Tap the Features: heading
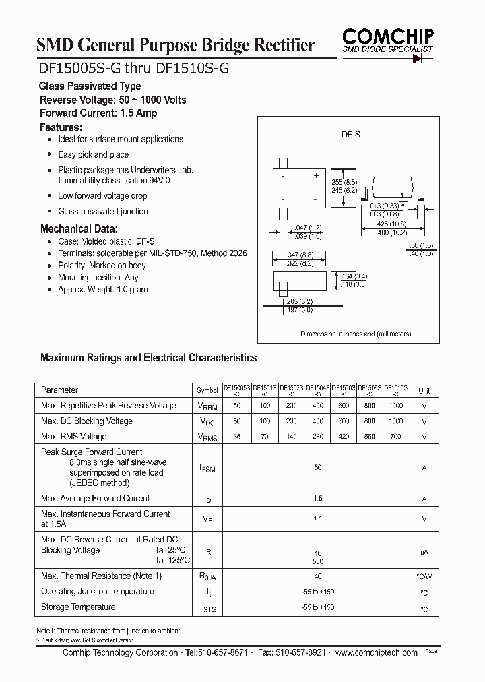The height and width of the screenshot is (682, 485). click(61, 127)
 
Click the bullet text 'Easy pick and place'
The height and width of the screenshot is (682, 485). click(93, 154)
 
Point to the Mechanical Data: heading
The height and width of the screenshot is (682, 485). click(79, 228)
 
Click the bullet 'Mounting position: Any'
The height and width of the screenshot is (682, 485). click(98, 277)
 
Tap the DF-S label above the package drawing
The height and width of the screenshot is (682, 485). click(350, 135)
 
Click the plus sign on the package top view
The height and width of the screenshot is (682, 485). click(315, 176)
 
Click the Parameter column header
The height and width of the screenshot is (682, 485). click(59, 390)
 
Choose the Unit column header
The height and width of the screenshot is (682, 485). click(424, 391)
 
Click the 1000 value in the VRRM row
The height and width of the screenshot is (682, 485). click(396, 406)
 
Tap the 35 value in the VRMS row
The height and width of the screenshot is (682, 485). click(236, 437)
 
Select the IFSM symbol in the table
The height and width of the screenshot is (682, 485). click(207, 468)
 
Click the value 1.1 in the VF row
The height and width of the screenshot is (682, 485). click(318, 518)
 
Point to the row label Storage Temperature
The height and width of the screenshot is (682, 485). click(78, 607)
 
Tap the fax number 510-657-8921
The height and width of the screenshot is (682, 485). click(301, 653)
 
